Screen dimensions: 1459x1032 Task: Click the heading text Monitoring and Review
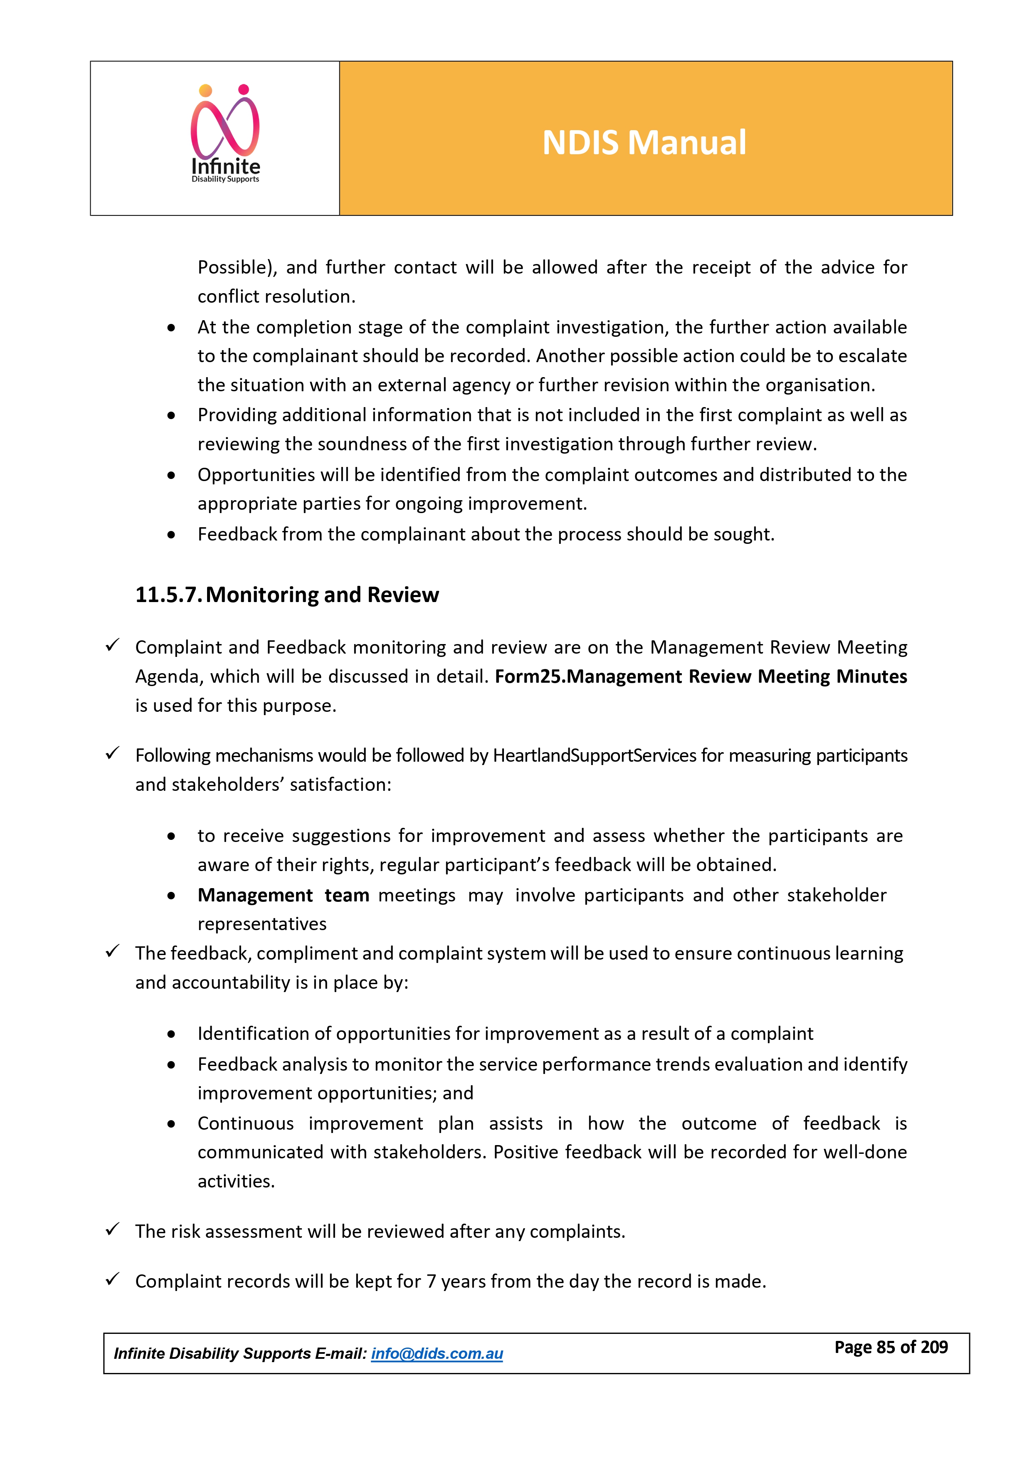tap(322, 595)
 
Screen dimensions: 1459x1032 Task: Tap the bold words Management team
tap(284, 895)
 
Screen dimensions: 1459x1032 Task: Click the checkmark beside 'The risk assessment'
tap(113, 1229)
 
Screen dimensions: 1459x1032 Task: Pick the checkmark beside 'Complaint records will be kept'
tap(113, 1279)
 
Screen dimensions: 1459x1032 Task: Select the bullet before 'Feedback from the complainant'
tap(171, 535)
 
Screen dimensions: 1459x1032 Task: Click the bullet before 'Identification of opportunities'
tap(171, 1034)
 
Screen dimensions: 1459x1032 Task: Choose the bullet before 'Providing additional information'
tap(171, 416)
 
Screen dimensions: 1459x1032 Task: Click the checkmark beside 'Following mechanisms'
tap(113, 754)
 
